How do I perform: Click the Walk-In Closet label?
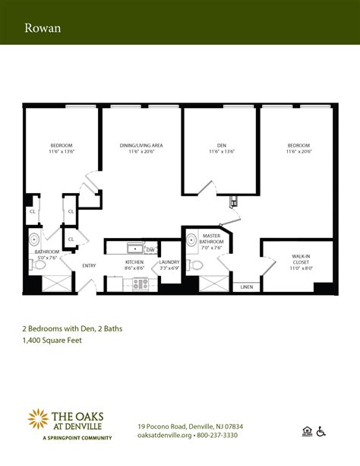(300, 262)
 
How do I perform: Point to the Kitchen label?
(134, 265)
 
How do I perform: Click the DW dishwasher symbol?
(150, 249)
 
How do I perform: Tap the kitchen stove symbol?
(141, 284)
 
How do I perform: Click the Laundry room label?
(169, 265)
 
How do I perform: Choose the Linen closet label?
(247, 287)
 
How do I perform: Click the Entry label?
(90, 265)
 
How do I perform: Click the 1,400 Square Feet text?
(51, 341)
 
